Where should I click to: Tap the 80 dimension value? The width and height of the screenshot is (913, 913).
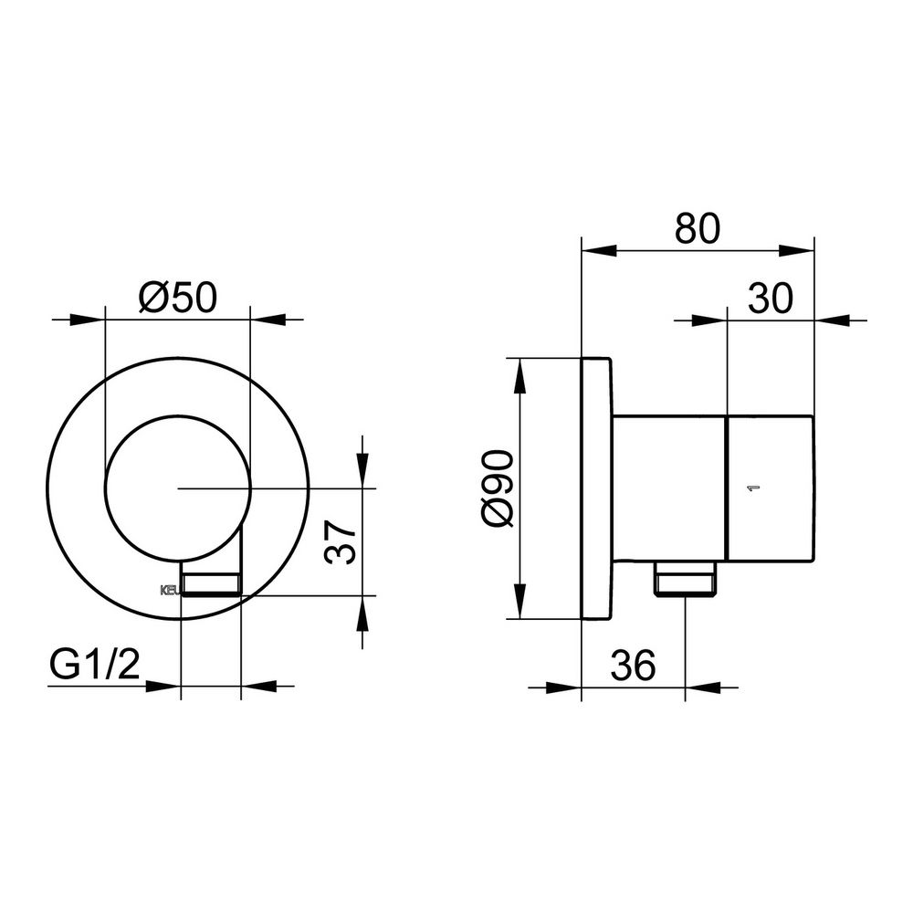point(698,228)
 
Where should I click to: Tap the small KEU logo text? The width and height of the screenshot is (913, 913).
point(171,590)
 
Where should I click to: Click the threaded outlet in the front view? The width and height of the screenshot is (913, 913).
point(213,582)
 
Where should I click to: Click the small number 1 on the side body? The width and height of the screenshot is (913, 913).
point(753,488)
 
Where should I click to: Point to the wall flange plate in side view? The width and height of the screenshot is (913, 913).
point(596,488)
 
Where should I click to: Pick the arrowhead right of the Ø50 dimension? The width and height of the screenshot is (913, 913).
point(264,320)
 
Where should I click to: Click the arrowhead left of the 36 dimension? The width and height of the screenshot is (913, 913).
point(568,687)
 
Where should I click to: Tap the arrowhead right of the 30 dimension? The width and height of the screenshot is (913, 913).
point(829,320)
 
